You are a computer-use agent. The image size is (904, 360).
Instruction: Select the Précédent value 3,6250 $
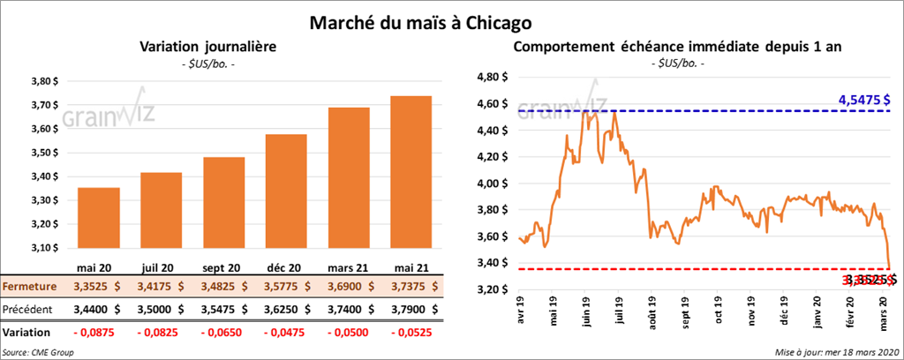pos(288,310)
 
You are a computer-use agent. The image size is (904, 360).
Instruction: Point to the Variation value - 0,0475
pos(282,333)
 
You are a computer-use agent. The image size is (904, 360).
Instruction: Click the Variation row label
pos(26,333)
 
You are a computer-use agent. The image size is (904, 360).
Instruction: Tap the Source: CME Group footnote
pos(38,352)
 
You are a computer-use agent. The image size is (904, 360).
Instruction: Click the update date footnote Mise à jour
pos(838,352)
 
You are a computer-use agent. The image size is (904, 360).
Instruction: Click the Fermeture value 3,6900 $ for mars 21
pos(350,287)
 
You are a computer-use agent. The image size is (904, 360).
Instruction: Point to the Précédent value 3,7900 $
pos(411,310)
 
